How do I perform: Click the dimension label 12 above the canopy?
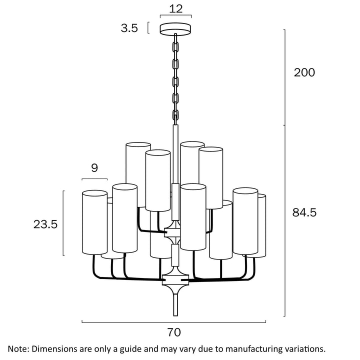[x=175, y=8]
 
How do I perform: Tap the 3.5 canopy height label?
[x=129, y=28]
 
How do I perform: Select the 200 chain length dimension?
[x=304, y=72]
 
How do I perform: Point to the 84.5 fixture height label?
[x=304, y=212]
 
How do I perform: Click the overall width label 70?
[x=174, y=332]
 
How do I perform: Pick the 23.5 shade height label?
[x=45, y=224]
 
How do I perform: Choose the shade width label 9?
[x=94, y=168]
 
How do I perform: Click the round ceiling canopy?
[x=176, y=29]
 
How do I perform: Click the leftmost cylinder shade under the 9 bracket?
[x=94, y=222]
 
